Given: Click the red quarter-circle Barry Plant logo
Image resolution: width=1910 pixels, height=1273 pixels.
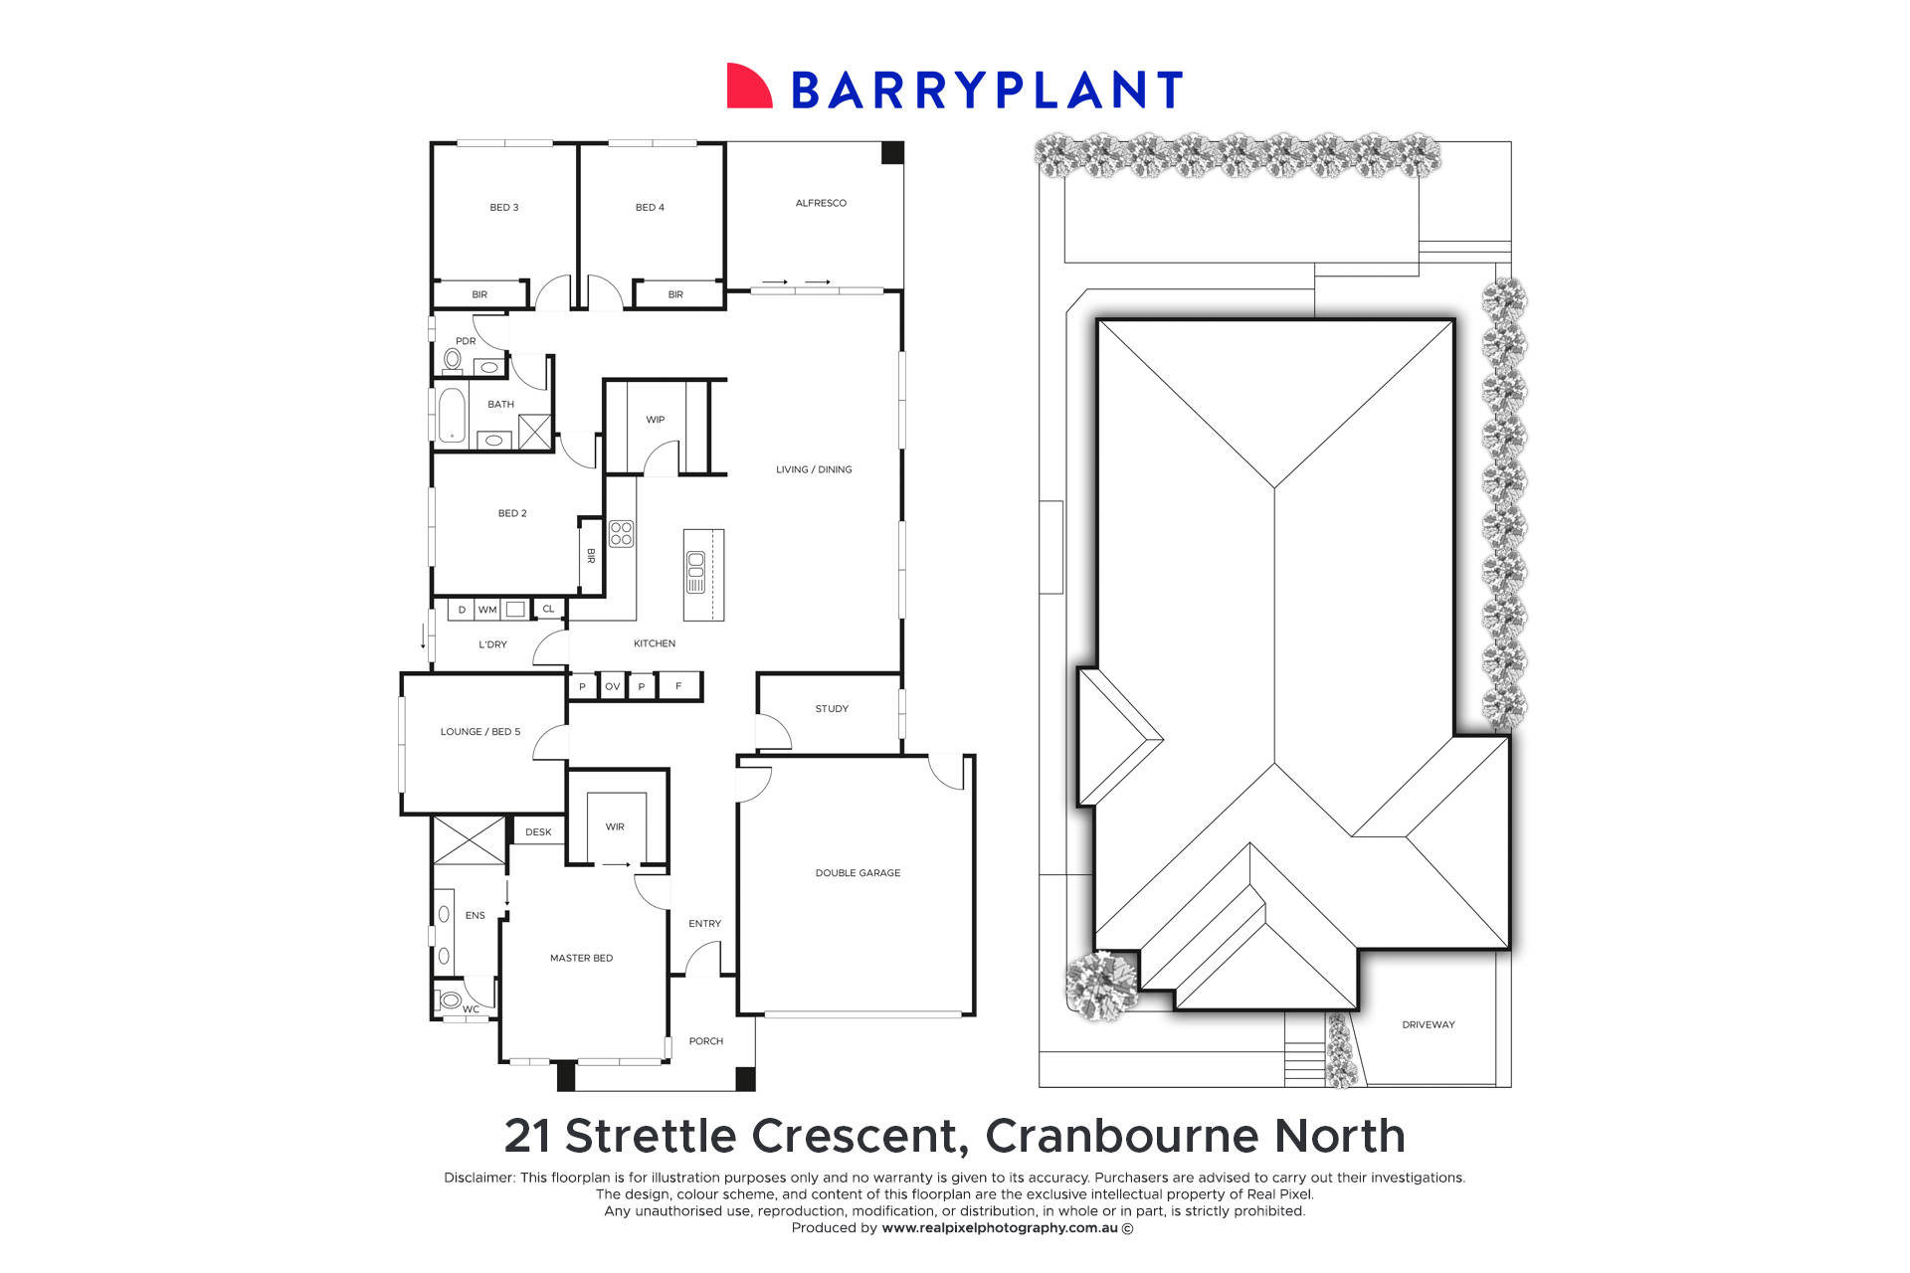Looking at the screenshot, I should [x=748, y=87].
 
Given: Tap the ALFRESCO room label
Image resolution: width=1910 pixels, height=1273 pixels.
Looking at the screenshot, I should [x=821, y=203].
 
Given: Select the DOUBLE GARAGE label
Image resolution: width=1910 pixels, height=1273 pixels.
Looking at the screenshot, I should [x=858, y=873].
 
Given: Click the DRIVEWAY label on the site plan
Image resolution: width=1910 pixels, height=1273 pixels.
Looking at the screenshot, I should [x=1428, y=1024].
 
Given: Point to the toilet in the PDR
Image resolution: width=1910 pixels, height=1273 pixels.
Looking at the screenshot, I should [x=453, y=358].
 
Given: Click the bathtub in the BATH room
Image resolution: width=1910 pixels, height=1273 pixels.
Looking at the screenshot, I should [x=452, y=415].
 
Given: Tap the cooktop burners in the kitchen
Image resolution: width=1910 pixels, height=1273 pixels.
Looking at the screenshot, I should [x=621, y=533].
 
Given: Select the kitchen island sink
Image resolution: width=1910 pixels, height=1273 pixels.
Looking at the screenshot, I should [x=695, y=567].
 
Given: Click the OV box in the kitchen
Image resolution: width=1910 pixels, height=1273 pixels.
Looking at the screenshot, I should [x=612, y=686].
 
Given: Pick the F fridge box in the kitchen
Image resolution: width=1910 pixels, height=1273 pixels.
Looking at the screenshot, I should [x=678, y=686].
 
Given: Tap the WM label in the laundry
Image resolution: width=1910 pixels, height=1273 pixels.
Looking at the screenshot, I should [x=487, y=610].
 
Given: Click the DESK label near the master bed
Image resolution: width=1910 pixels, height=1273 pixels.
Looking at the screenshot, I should [x=538, y=832].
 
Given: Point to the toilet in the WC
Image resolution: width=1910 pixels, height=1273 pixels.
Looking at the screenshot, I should [x=451, y=1000].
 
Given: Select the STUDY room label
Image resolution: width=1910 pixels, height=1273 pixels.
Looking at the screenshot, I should [x=832, y=709].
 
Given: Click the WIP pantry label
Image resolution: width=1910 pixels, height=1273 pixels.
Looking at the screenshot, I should [x=655, y=420].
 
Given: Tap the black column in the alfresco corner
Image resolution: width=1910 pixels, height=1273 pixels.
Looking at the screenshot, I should [x=891, y=153].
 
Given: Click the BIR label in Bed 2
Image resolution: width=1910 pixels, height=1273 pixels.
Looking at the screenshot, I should [x=591, y=556].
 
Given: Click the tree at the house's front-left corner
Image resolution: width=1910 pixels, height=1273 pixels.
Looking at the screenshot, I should [x=1101, y=984].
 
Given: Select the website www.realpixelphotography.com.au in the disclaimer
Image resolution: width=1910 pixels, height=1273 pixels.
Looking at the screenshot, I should [x=1000, y=1228].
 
